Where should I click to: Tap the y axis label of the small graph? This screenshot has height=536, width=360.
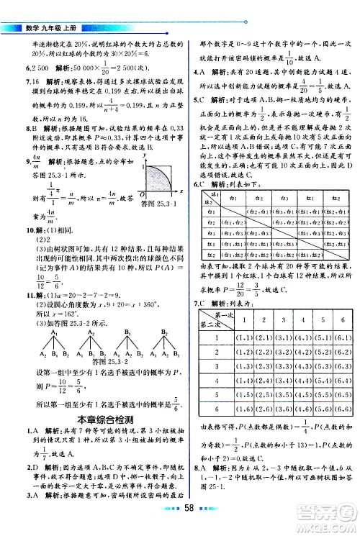coord(145,156)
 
